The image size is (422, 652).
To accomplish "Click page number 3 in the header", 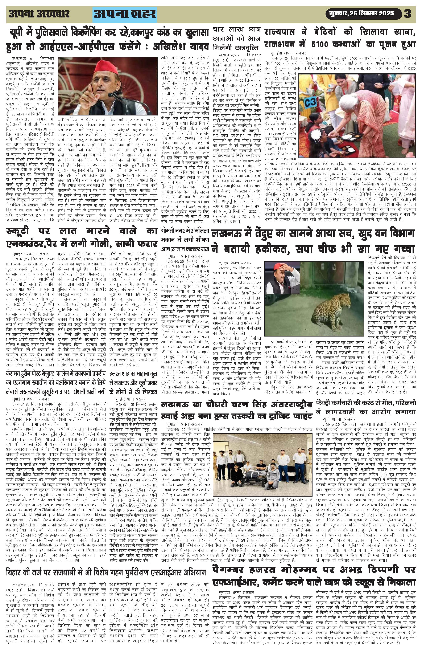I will click(x=407, y=14).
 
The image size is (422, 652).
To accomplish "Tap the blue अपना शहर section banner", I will click(x=125, y=15).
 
